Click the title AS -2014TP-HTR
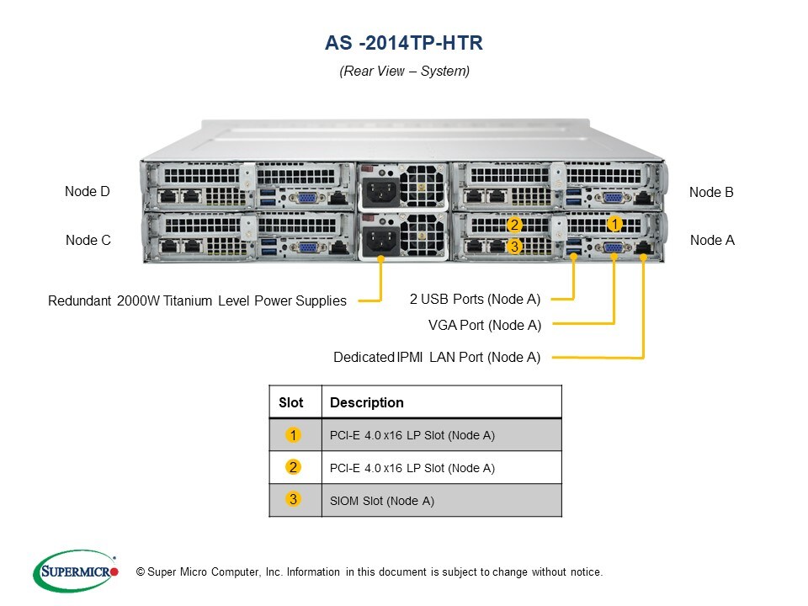[404, 42]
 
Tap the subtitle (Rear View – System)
[404, 72]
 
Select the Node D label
[88, 192]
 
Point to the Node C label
[88, 240]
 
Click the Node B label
[711, 192]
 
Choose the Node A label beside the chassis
[712, 240]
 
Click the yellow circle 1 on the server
[614, 224]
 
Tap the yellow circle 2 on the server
[515, 225]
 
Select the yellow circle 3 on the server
[515, 247]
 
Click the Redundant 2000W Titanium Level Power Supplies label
[197, 300]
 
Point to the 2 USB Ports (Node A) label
[475, 298]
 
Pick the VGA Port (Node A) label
[485, 325]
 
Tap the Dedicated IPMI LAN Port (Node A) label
[437, 357]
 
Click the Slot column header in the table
[291, 402]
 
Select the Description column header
[367, 402]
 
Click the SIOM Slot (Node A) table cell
[382, 501]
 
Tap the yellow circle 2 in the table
[293, 467]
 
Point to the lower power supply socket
[380, 241]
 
